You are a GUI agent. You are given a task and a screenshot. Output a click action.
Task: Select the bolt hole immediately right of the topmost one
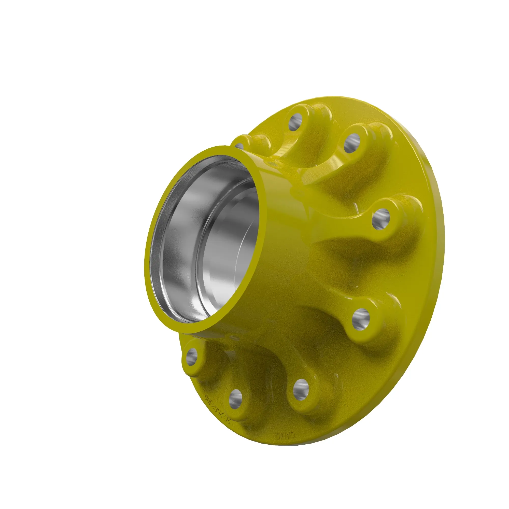(x=352, y=143)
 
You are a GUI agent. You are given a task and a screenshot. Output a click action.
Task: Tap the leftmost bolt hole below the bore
(x=192, y=357)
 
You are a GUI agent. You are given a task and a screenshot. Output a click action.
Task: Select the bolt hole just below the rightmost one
(x=361, y=319)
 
